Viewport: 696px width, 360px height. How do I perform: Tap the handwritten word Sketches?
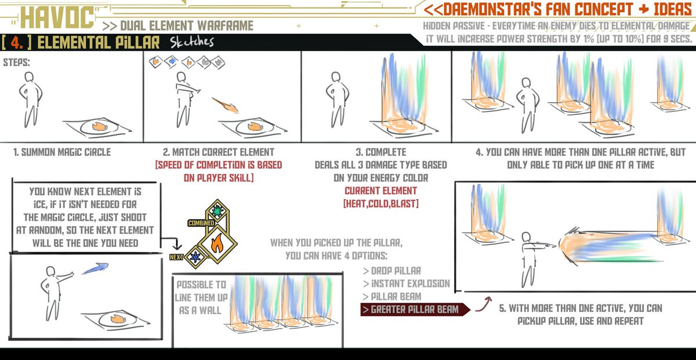(192, 42)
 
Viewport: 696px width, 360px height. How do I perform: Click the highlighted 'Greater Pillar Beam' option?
(410, 309)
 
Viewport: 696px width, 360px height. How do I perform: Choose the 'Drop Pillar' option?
(393, 271)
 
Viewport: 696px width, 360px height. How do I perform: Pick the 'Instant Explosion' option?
(407, 283)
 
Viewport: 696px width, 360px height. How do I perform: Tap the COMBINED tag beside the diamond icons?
(201, 223)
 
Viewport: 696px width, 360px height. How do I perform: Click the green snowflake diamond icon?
(217, 211)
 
